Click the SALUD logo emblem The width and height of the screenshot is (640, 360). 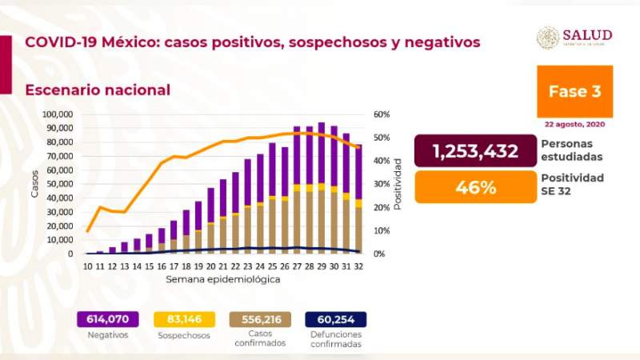pyautogui.click(x=548, y=37)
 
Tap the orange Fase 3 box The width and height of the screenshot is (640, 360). pyautogui.click(x=574, y=91)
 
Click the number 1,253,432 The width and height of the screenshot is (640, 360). pyautogui.click(x=475, y=151)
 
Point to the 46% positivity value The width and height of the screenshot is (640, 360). pyautogui.click(x=475, y=188)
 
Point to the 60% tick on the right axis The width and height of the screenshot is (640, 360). pyautogui.click(x=381, y=114)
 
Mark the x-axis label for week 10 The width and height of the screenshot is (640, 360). pyautogui.click(x=87, y=266)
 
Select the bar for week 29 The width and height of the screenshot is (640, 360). pyautogui.click(x=322, y=188)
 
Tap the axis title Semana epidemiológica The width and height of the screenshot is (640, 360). pyautogui.click(x=224, y=280)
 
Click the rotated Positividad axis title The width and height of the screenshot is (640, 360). pyautogui.click(x=397, y=184)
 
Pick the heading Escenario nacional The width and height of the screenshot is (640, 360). pyautogui.click(x=98, y=90)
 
